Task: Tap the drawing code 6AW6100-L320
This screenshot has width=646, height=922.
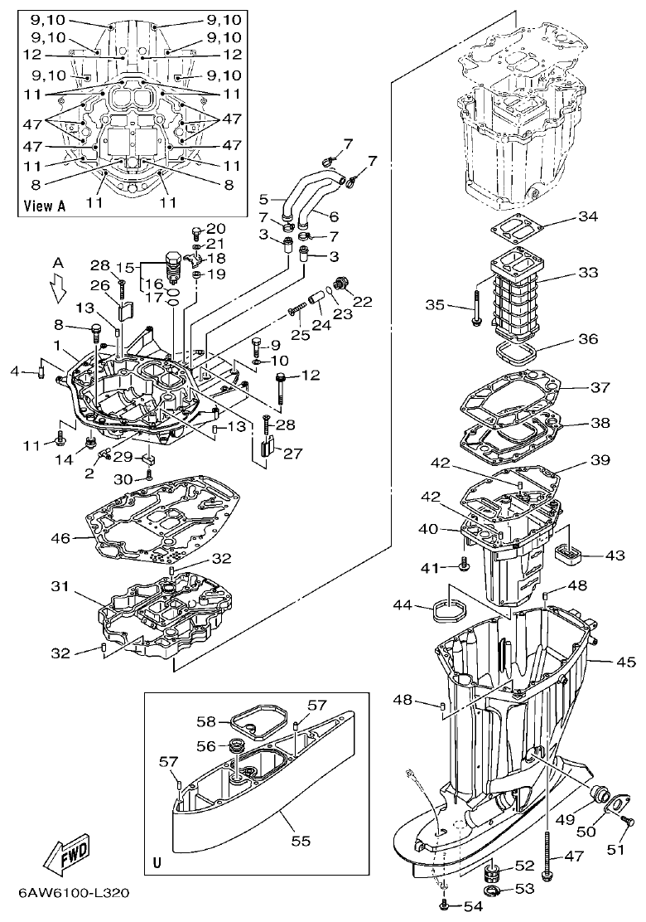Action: pyautogui.click(x=74, y=896)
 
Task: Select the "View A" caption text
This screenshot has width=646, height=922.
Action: pyautogui.click(x=45, y=205)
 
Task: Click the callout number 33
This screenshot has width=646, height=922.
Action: pyautogui.click(x=586, y=274)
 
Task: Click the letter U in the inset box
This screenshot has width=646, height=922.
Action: pyautogui.click(x=157, y=863)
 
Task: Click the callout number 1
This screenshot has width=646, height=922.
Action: pyautogui.click(x=56, y=344)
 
